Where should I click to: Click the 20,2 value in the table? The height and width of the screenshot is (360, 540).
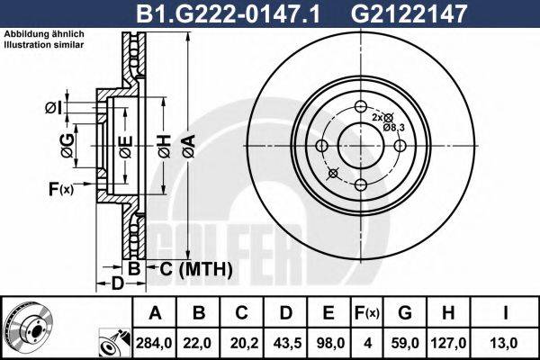click(243, 343)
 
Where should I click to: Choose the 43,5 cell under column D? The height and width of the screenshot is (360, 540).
click(286, 343)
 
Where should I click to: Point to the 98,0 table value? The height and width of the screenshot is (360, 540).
click(329, 343)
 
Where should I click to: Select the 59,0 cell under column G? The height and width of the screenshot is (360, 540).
click(405, 343)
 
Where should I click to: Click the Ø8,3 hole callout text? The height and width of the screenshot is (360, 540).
click(394, 128)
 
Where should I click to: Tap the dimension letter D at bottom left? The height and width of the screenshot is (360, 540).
click(117, 284)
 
